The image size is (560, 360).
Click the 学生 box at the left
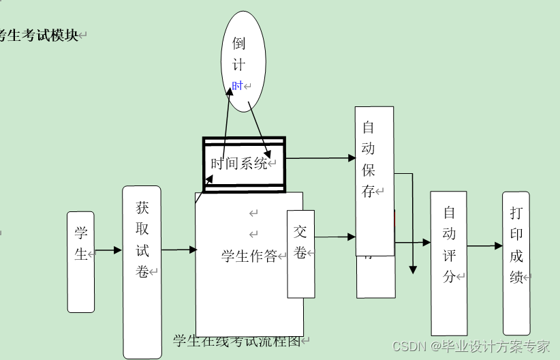click(x=80, y=262)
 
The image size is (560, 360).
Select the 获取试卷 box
click(x=142, y=271)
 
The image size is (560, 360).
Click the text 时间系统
click(x=239, y=164)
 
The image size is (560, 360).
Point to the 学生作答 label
click(x=249, y=256)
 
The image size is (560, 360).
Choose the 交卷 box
click(x=300, y=254)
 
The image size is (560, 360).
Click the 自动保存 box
click(x=374, y=181)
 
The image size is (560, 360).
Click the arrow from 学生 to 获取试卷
click(x=108, y=251)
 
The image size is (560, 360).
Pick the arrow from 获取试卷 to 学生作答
click(x=178, y=250)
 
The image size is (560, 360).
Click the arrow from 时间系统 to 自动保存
click(x=320, y=158)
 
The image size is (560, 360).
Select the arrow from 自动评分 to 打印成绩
click(x=484, y=245)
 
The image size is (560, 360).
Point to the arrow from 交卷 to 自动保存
click(x=335, y=237)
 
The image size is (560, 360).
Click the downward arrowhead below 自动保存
click(x=413, y=269)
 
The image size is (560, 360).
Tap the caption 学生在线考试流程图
click(x=237, y=342)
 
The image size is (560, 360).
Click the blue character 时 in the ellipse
click(x=237, y=86)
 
